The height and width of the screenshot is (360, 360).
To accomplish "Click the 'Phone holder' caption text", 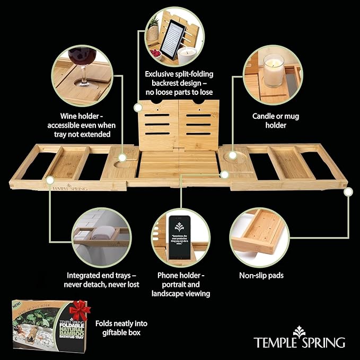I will tap(180, 284).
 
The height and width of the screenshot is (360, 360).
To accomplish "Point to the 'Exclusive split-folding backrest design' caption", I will tap(181, 82).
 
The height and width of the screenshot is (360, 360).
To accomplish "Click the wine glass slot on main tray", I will tap(124, 159).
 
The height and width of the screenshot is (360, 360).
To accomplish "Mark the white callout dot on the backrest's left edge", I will tap(138, 107).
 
